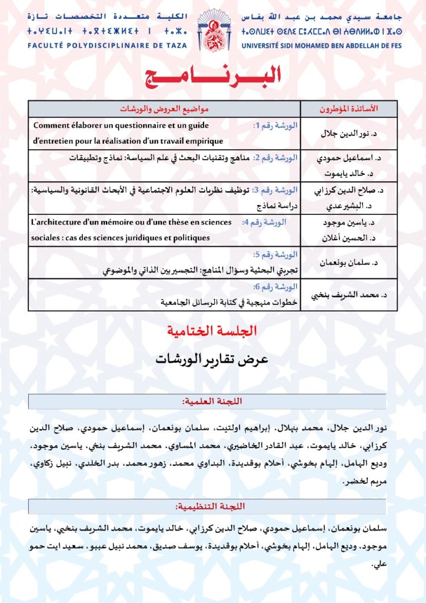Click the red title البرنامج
point(213,76)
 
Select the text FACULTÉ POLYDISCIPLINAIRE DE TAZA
point(106,45)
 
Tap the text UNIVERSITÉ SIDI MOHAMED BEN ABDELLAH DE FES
point(321,45)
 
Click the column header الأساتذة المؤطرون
point(349,109)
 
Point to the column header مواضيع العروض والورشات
point(165,109)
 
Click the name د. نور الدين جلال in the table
point(350,134)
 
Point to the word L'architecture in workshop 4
point(55,223)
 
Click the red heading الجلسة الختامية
point(212,331)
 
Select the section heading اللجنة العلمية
point(213,402)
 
